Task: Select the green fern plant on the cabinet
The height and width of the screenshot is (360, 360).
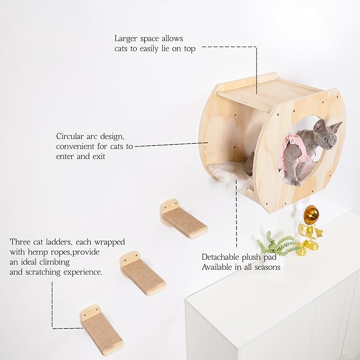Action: [276, 244]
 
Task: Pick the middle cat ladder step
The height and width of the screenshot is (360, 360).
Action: [143, 274]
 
